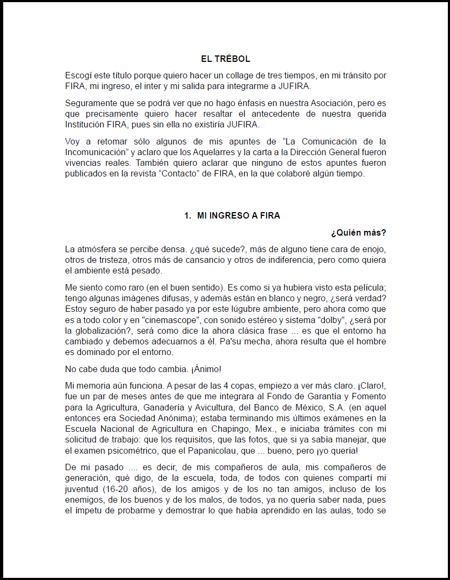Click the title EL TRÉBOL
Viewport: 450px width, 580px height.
(x=226, y=59)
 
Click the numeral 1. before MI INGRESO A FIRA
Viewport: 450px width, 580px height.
(x=188, y=215)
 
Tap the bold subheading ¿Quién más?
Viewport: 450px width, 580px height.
(x=358, y=233)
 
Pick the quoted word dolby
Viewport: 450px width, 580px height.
(x=333, y=320)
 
